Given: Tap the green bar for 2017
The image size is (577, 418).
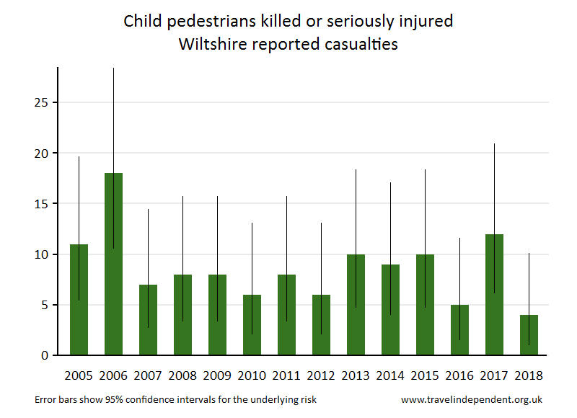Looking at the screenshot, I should coord(494,295).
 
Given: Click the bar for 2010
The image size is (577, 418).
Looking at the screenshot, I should coord(252,325).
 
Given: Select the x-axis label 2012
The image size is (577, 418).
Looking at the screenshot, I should coord(321,375).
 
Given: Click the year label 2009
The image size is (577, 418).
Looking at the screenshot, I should coord(217,375).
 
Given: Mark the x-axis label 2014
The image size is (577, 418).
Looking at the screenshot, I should coord(390,375).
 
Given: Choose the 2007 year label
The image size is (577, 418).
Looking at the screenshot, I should coord(148,375).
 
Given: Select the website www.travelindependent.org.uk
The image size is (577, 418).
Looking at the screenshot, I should coord(471,399).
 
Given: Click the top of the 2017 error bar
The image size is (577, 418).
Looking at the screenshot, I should coord(494,144).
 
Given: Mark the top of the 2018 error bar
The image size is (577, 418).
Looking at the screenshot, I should coord(529,254).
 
